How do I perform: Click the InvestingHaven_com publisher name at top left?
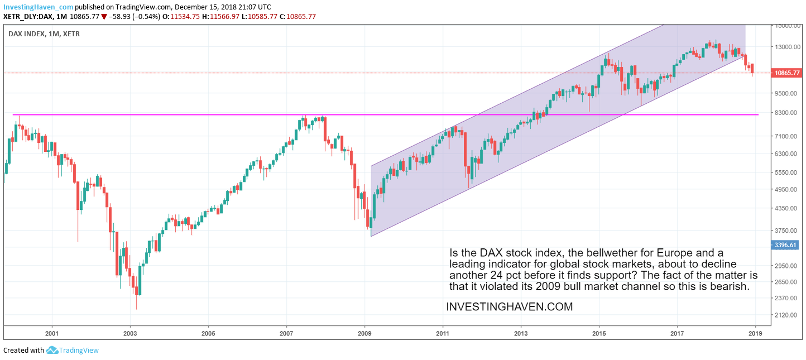click(x=37, y=7)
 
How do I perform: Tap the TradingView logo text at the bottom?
click(x=79, y=351)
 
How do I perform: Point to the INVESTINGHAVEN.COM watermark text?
click(x=509, y=307)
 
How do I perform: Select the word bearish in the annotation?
click(x=729, y=286)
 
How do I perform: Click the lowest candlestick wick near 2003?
click(x=136, y=307)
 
